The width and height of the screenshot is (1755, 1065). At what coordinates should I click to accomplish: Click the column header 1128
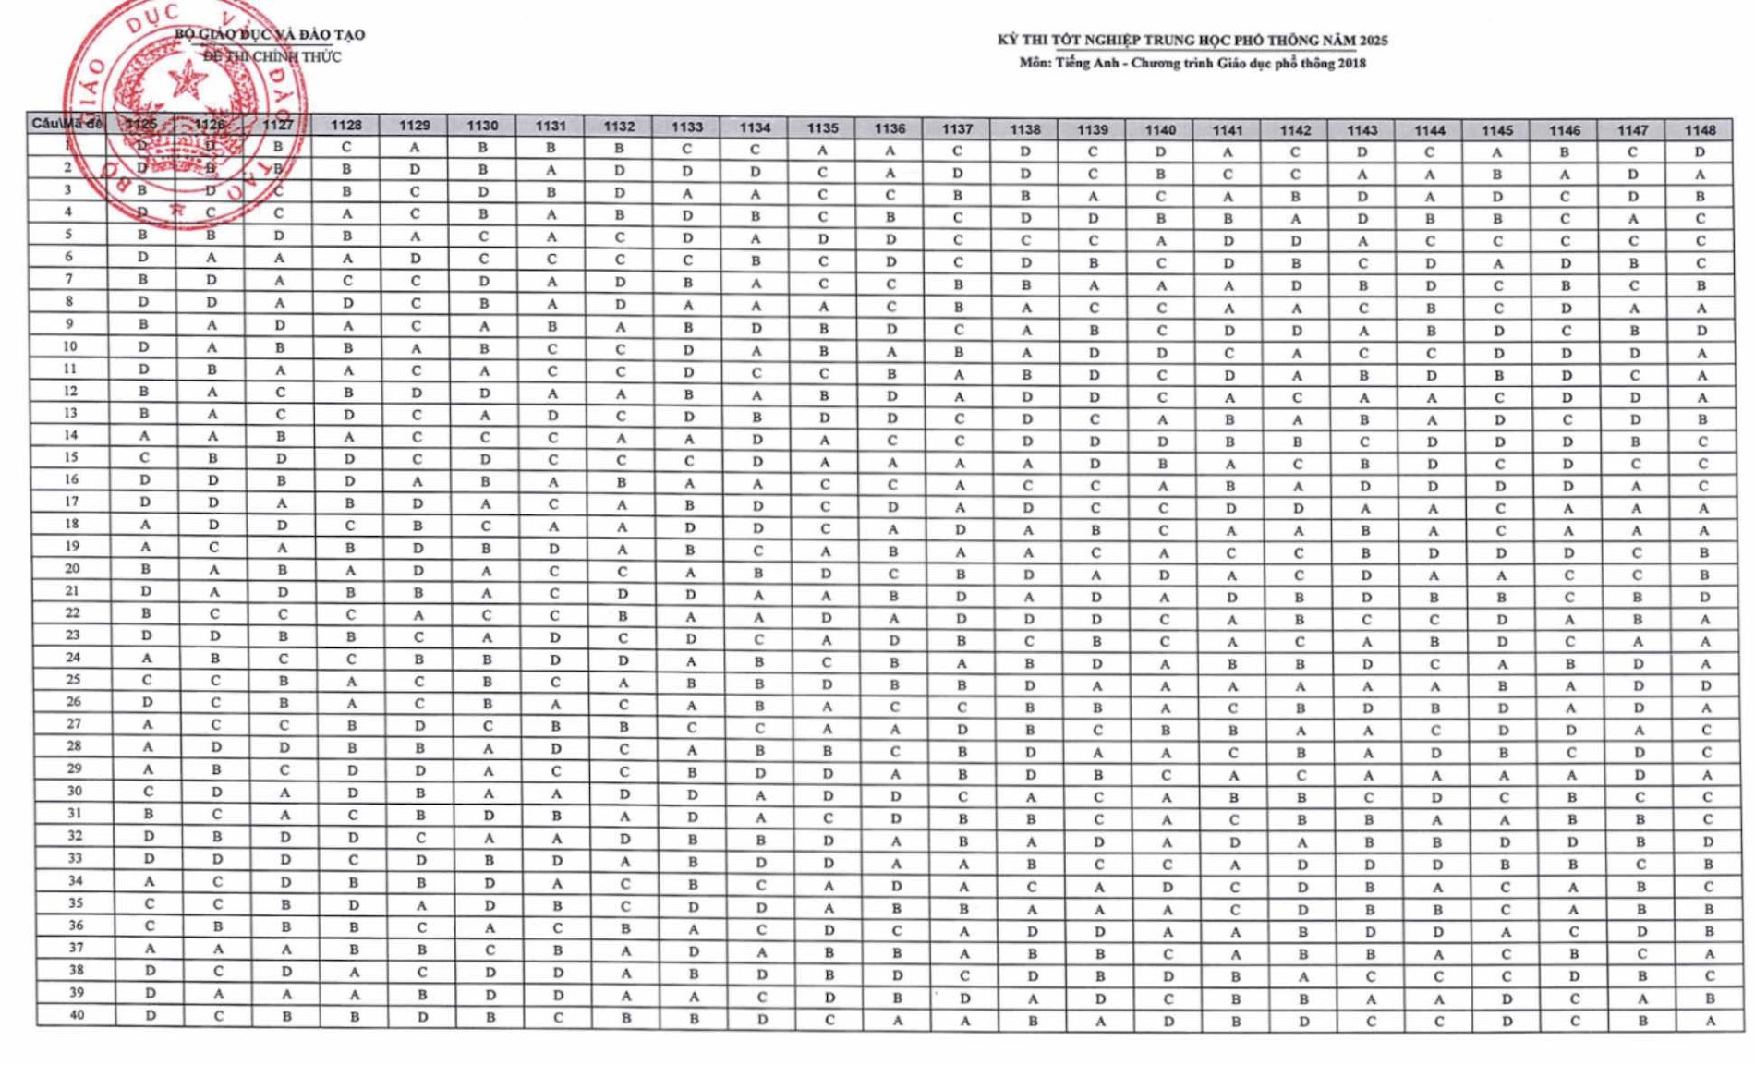pyautogui.click(x=346, y=126)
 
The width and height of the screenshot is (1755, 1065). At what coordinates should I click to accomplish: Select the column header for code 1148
pyautogui.click(x=1700, y=130)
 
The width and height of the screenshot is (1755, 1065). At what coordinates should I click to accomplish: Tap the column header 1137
pyautogui.click(x=957, y=129)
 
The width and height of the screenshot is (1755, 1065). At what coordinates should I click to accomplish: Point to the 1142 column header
pyautogui.click(x=1295, y=130)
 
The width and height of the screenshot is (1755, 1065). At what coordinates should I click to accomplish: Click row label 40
pyautogui.click(x=77, y=1015)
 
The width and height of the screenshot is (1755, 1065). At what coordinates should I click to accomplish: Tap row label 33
pyautogui.click(x=75, y=858)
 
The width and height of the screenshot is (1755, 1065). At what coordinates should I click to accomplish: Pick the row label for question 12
pyautogui.click(x=70, y=391)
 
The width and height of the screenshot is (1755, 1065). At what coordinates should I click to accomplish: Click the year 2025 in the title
pyautogui.click(x=1373, y=41)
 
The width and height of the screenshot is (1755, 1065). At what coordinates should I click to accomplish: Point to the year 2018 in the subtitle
pyautogui.click(x=1352, y=64)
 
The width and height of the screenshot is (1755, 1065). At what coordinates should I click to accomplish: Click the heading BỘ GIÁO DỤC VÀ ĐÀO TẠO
pyautogui.click(x=270, y=35)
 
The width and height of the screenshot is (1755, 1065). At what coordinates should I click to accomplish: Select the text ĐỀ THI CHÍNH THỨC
pyautogui.click(x=272, y=57)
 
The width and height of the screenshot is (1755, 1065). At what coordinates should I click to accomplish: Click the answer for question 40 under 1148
pyautogui.click(x=1710, y=1021)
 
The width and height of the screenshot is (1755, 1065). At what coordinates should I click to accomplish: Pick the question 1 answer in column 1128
pyautogui.click(x=346, y=147)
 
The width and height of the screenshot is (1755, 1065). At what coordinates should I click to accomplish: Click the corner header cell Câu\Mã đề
pyautogui.click(x=67, y=123)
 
